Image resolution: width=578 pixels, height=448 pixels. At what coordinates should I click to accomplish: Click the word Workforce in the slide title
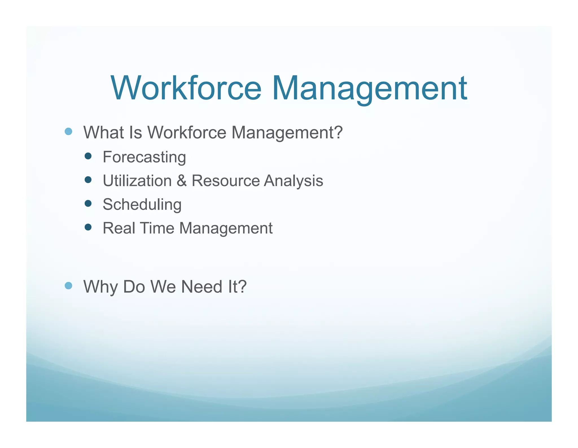[186, 88]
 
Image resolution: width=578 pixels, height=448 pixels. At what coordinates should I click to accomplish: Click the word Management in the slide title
[369, 88]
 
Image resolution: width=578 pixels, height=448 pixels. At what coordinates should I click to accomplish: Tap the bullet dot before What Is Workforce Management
[68, 131]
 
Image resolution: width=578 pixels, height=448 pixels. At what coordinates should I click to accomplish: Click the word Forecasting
[144, 157]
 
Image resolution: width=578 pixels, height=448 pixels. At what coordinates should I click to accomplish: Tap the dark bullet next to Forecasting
[88, 156]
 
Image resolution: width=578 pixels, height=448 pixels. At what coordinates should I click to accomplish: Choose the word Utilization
[137, 180]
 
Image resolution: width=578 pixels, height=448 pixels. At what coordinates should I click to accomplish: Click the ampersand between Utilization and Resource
[181, 180]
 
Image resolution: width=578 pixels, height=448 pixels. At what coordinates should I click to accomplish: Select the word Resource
[225, 180]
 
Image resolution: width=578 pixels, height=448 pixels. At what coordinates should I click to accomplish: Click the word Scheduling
[142, 205]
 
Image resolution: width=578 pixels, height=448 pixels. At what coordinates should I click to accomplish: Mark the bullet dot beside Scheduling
[88, 203]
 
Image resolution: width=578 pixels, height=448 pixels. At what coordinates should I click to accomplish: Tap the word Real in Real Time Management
[119, 228]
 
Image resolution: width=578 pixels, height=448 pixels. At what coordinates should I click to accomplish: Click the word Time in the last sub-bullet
[157, 228]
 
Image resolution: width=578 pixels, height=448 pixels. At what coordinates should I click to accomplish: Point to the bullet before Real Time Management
[88, 227]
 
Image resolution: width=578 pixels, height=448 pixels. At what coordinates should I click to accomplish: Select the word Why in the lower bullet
[100, 287]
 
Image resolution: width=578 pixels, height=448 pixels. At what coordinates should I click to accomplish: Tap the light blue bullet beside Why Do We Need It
[68, 286]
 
